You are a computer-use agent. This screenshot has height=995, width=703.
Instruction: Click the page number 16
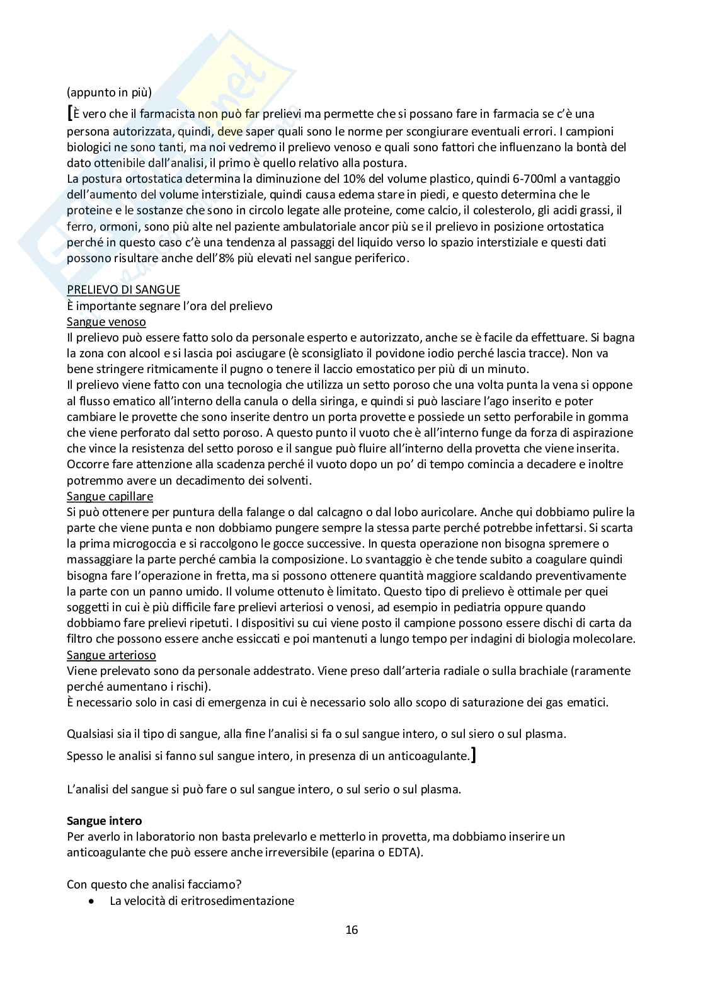click(x=351, y=929)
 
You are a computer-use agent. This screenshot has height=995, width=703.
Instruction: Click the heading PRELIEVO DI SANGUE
click(x=123, y=290)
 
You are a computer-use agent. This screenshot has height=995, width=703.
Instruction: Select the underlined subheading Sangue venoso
click(x=106, y=322)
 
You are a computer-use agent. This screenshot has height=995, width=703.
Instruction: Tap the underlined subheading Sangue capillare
click(x=110, y=497)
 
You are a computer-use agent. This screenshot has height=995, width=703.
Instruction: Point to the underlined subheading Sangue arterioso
click(x=111, y=655)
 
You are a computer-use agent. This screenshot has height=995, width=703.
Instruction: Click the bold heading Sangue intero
click(x=105, y=821)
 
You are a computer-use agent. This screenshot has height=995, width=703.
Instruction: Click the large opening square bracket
click(x=70, y=113)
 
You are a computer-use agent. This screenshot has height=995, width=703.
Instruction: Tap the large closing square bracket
click(x=473, y=754)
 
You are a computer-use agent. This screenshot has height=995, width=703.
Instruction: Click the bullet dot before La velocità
click(x=93, y=901)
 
